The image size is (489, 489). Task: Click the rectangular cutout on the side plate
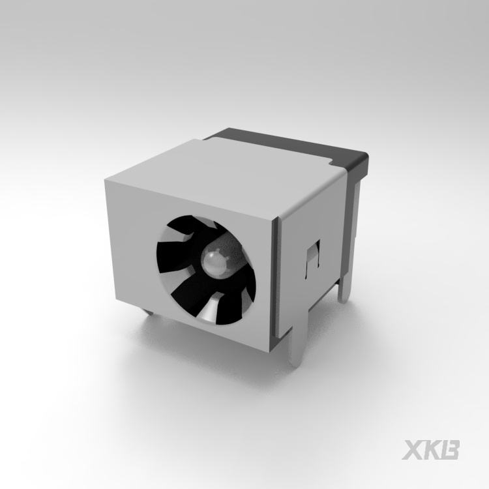[313, 259]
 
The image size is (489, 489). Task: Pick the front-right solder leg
[296, 347]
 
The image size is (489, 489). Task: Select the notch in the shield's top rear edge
[331, 162]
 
